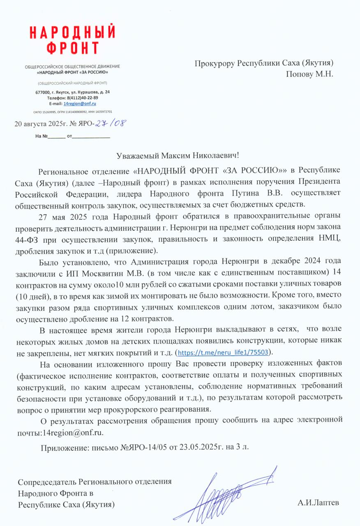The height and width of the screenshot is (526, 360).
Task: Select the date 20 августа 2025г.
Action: pyautogui.click(x=37, y=123)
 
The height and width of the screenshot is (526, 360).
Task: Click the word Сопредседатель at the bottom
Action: pyautogui.click(x=48, y=481)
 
